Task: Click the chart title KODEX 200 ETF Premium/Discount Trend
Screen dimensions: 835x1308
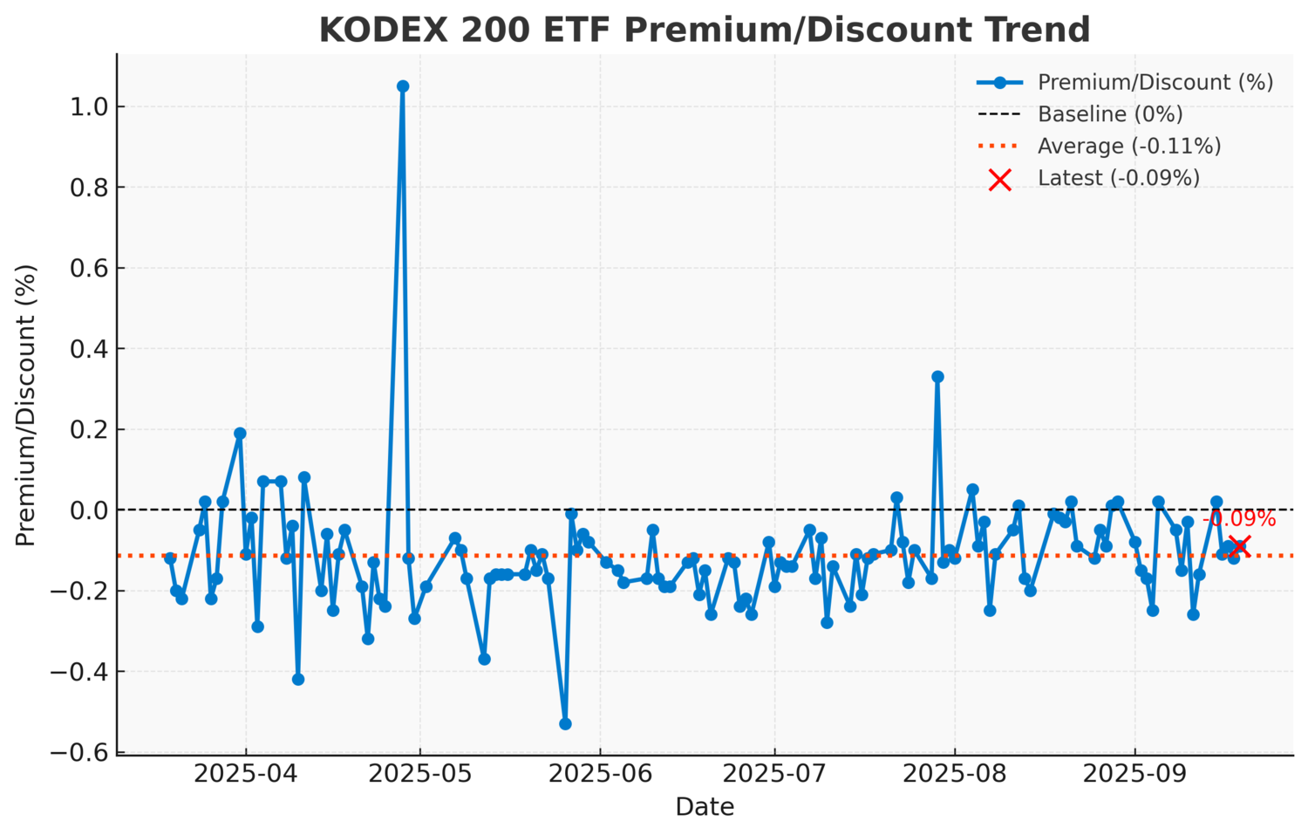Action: (x=705, y=30)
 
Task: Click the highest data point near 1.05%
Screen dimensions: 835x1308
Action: (x=403, y=86)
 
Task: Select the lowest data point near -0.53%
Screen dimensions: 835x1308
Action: (x=565, y=723)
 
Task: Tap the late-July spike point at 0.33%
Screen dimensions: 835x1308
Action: (x=937, y=377)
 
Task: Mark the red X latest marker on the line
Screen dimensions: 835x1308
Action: (x=1239, y=546)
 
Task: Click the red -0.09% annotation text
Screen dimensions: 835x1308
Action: (x=1239, y=519)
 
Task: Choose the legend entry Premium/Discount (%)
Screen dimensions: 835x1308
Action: (x=1155, y=82)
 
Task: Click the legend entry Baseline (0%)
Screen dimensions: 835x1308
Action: (x=1109, y=114)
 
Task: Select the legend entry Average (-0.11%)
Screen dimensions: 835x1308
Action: (x=1128, y=146)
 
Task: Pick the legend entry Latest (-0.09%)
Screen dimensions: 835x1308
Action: (x=1118, y=178)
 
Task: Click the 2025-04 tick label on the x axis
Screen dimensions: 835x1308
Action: (x=245, y=775)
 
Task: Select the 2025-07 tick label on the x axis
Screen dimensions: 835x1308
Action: (x=773, y=775)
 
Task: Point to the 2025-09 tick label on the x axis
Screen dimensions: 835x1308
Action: (x=1134, y=775)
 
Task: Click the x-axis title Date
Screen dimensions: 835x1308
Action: (x=705, y=807)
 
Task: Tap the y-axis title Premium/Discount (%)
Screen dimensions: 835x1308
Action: (x=26, y=405)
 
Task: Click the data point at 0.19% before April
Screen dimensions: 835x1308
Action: (x=240, y=434)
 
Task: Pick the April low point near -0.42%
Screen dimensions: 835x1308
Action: (x=298, y=679)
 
